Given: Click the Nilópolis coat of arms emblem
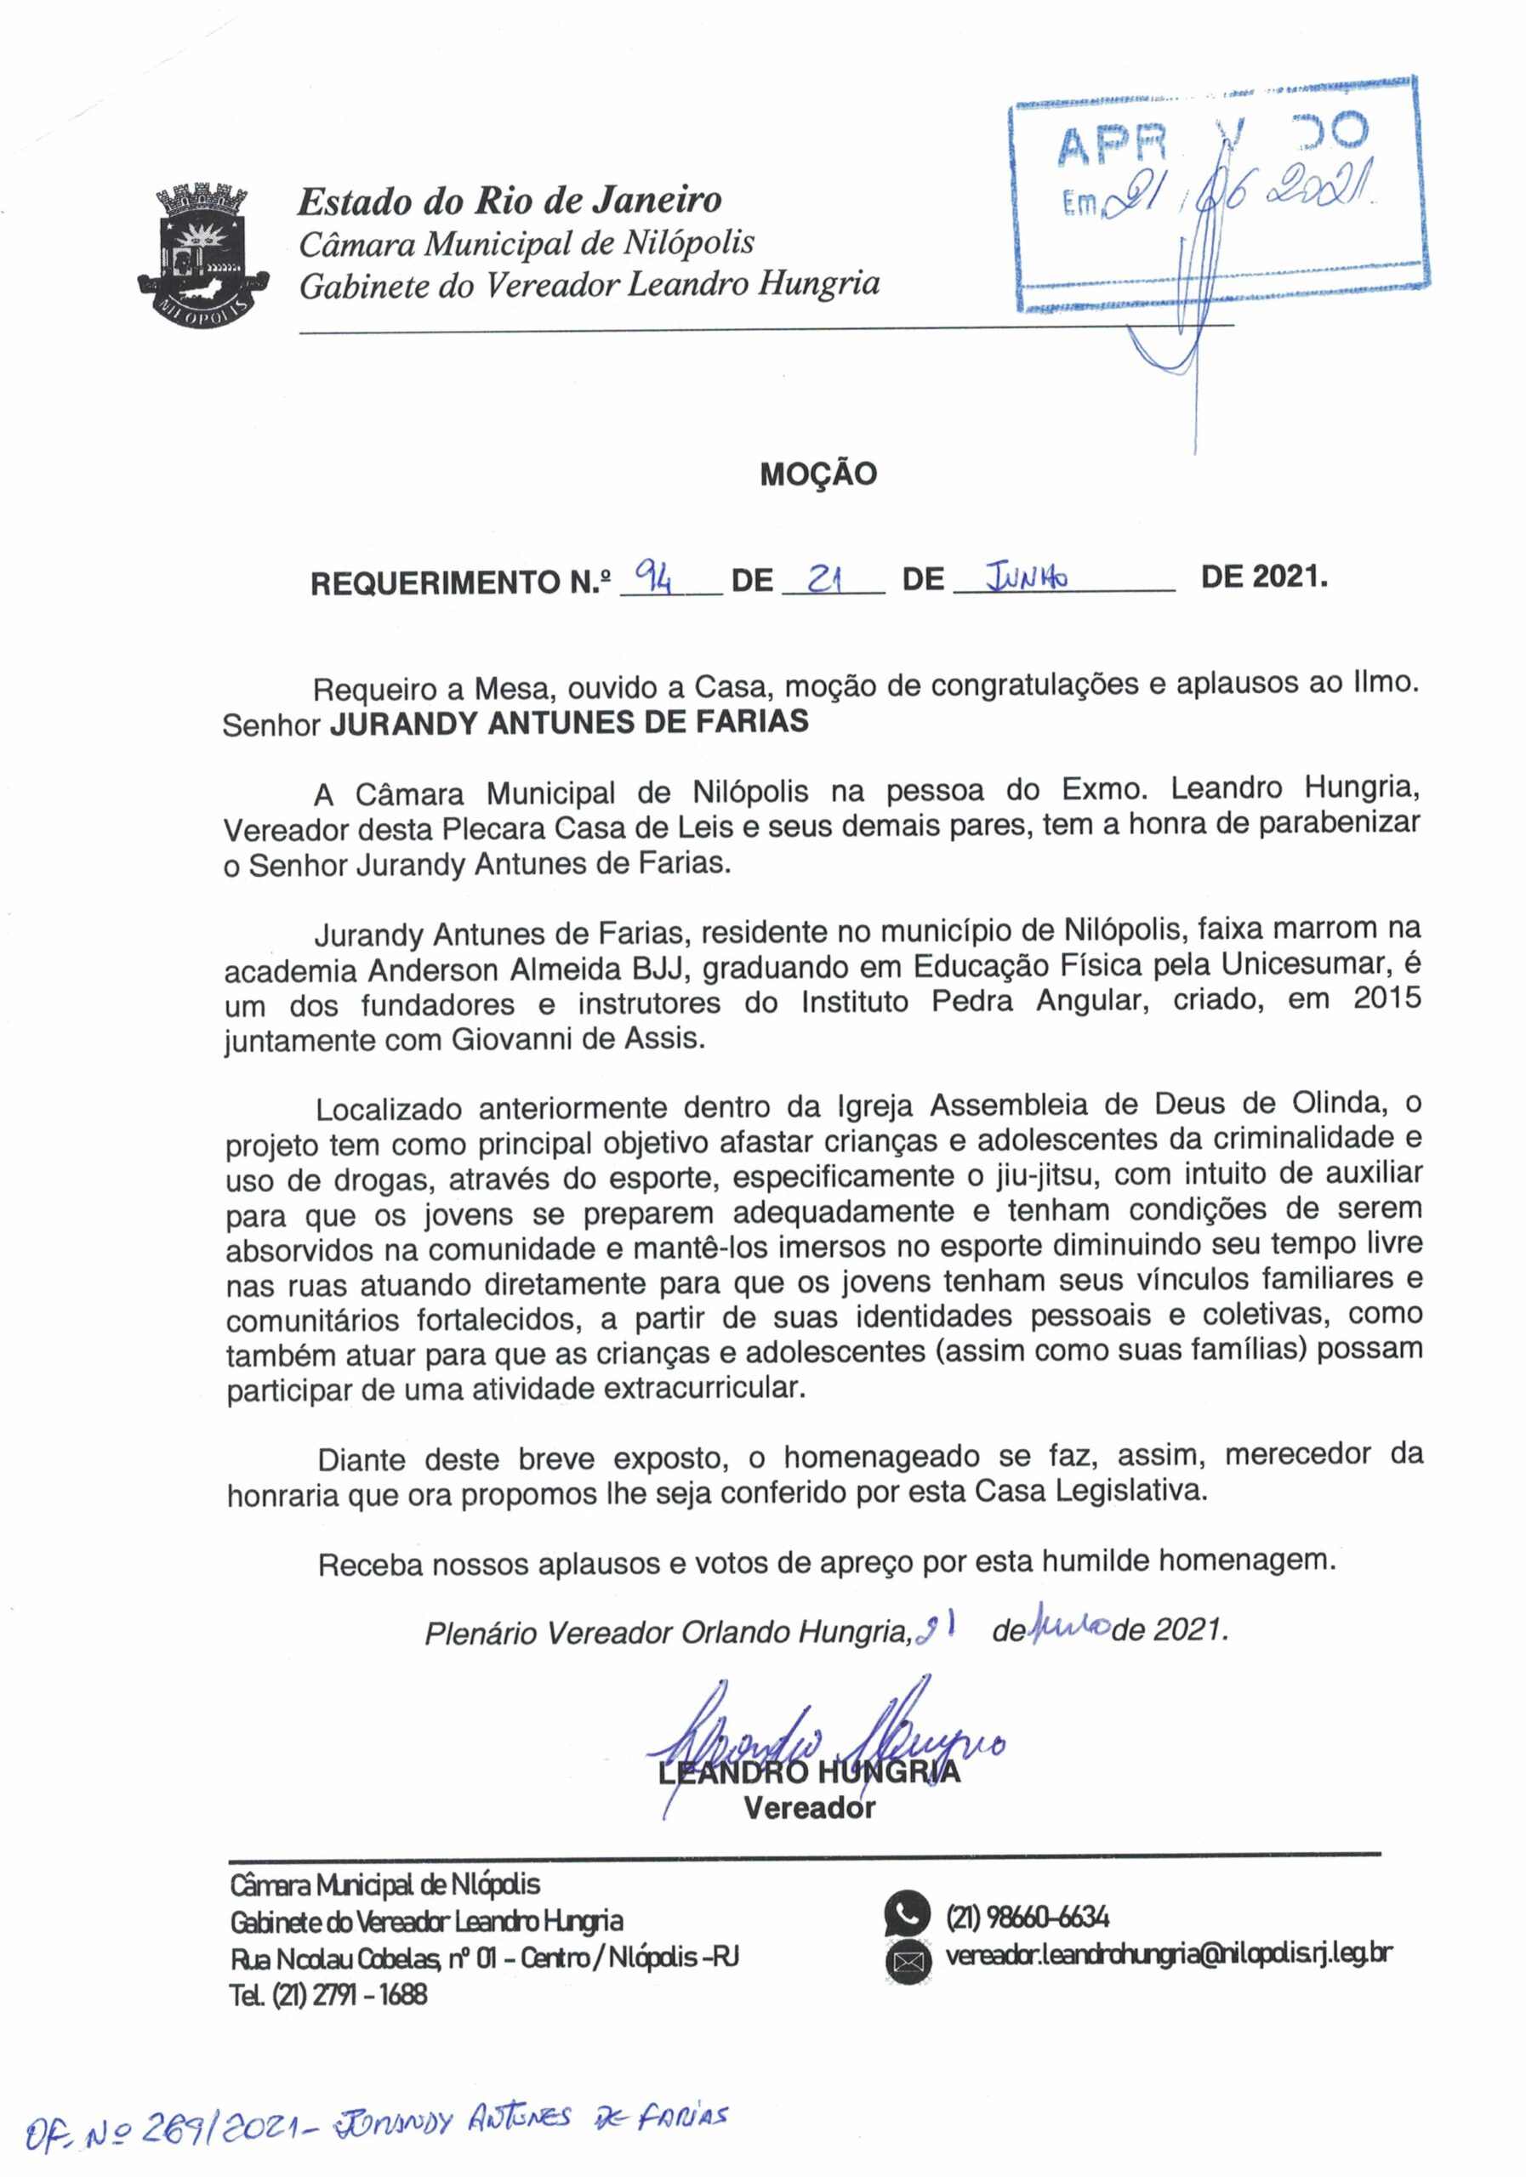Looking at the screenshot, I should pos(203,254).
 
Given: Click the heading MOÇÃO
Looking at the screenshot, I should pos(817,474).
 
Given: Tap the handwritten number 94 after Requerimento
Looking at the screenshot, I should pos(653,575).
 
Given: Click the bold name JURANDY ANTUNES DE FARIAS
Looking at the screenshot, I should pos(569,723).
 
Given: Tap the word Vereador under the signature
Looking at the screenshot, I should pos(809,1808).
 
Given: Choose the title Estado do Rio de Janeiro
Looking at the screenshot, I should pos(510,201).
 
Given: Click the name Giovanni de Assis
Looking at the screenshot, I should pos(578,1038).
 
